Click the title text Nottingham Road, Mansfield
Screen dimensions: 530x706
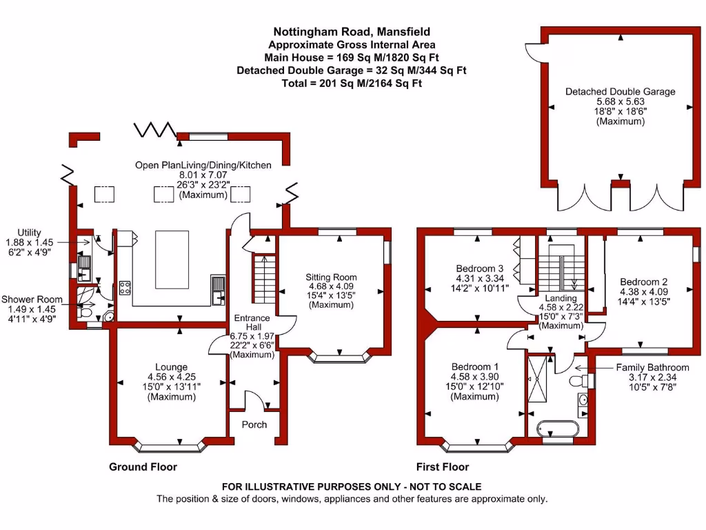pos(352,31)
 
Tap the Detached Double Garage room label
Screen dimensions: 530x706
pos(620,91)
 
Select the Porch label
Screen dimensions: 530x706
pos(254,424)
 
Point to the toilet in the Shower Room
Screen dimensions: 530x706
pos(85,313)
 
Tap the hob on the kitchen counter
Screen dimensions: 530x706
pos(125,288)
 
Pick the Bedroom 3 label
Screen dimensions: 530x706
pos(476,268)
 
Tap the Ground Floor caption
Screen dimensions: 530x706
pos(143,467)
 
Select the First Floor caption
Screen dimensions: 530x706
pos(443,467)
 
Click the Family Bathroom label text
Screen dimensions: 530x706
pos(652,367)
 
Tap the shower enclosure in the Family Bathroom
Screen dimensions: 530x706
pos(536,380)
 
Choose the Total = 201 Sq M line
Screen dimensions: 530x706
pos(352,83)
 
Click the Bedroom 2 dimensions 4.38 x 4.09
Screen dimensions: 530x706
pos(643,291)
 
